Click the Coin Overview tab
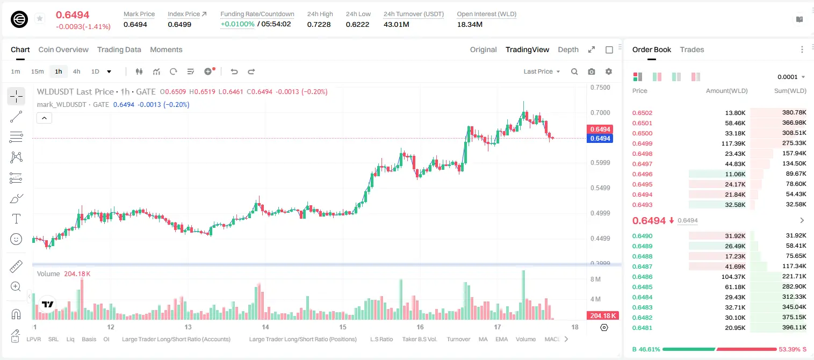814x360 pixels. [63, 49]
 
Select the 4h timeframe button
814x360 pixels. [76, 71]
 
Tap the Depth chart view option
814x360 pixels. [568, 49]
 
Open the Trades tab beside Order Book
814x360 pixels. [691, 49]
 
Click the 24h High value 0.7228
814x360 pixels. [319, 24]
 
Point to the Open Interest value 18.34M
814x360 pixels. [470, 24]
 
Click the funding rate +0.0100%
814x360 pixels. [237, 24]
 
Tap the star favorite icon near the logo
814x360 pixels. [40, 18]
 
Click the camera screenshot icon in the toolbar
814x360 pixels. [591, 71]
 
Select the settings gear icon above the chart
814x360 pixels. [609, 71]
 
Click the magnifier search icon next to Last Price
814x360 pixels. [574, 71]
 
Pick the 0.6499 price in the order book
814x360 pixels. [642, 143]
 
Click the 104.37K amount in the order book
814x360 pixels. [733, 277]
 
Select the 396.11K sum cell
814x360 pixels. [794, 327]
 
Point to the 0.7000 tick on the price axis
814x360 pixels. [600, 113]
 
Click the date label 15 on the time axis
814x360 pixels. [343, 327]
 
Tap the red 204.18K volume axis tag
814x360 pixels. [603, 316]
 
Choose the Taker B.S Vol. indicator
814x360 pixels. [419, 339]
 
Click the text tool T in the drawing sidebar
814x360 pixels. [16, 219]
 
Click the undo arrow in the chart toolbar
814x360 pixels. [234, 71]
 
